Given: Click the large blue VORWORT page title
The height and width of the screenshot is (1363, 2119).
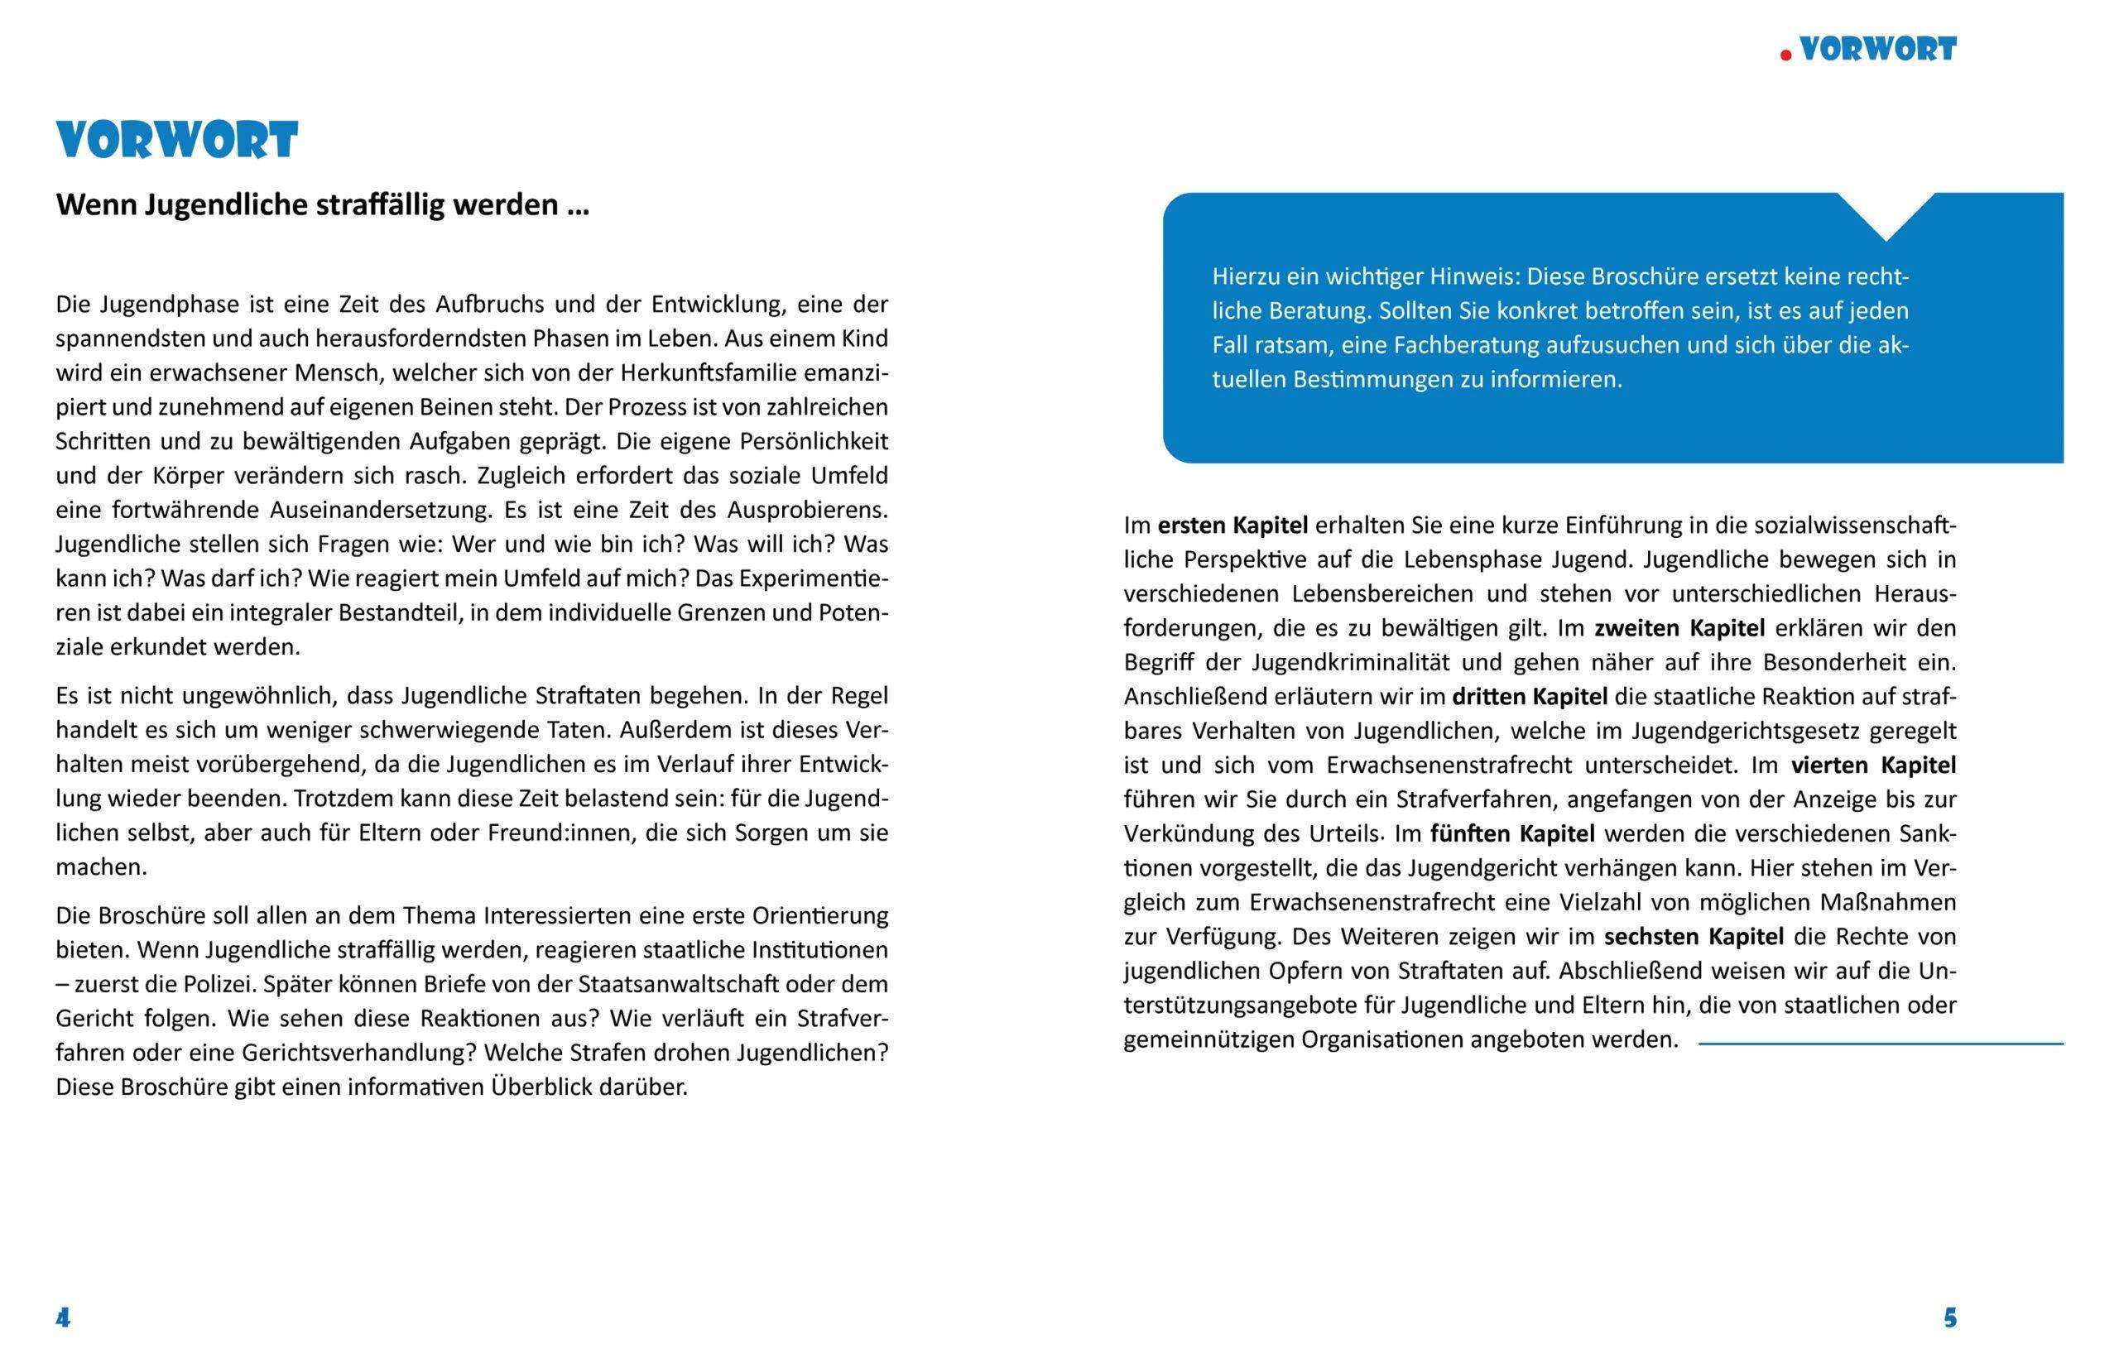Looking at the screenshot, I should [177, 141].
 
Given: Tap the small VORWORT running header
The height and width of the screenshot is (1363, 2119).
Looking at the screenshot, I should [1877, 50].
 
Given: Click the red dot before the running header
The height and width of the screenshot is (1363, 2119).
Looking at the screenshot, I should [1786, 55].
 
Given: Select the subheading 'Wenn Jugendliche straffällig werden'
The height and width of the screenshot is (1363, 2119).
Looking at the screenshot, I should [322, 205].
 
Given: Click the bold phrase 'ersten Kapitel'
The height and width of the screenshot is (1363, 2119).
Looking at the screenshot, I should [1232, 526].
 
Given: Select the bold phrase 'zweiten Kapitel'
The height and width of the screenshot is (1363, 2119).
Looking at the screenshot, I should [1679, 628].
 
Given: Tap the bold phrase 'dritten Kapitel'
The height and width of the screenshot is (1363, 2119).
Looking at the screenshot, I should [1530, 697].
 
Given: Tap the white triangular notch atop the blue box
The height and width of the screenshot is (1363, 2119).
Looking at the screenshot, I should [1886, 213].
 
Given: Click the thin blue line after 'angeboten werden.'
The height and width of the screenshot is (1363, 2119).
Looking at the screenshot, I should [1880, 1044].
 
